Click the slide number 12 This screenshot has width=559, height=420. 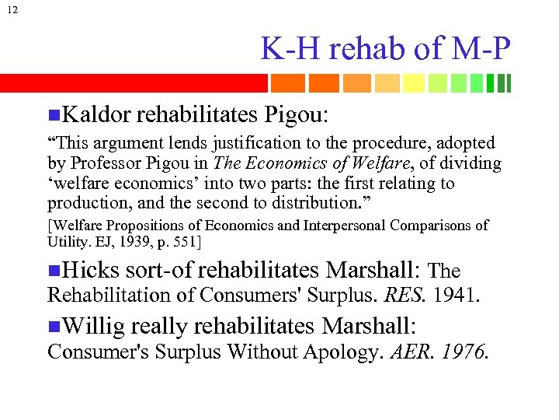point(9,9)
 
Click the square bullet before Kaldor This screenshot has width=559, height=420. point(53,116)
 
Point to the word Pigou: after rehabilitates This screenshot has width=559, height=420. point(297,115)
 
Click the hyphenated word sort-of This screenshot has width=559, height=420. point(159,270)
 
